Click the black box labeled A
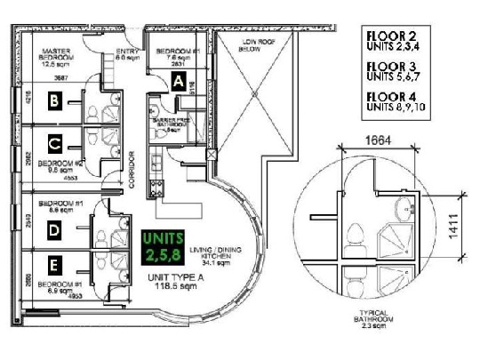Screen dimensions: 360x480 click(x=179, y=82)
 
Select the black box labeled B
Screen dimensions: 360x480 click(x=55, y=103)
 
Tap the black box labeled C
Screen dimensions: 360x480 click(x=55, y=142)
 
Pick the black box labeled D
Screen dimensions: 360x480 click(x=55, y=231)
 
